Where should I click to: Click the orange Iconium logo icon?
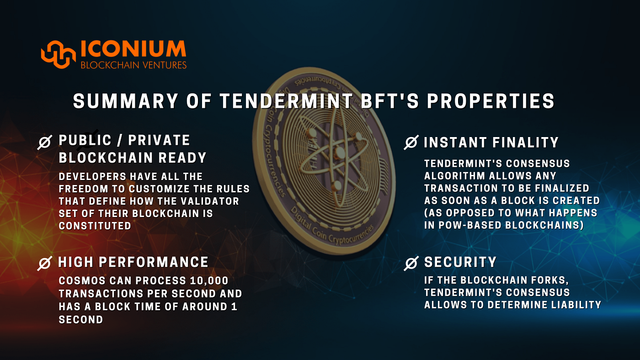click(x=59, y=54)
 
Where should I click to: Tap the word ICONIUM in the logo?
click(x=133, y=48)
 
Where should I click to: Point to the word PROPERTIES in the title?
click(x=491, y=101)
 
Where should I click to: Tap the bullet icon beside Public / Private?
click(x=45, y=142)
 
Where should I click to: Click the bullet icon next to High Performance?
click(x=45, y=263)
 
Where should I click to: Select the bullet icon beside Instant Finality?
click(x=411, y=142)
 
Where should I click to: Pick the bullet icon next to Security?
click(x=411, y=263)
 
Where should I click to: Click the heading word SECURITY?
click(x=460, y=262)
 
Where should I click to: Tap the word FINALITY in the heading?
click(x=525, y=142)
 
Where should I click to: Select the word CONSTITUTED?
click(x=95, y=226)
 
